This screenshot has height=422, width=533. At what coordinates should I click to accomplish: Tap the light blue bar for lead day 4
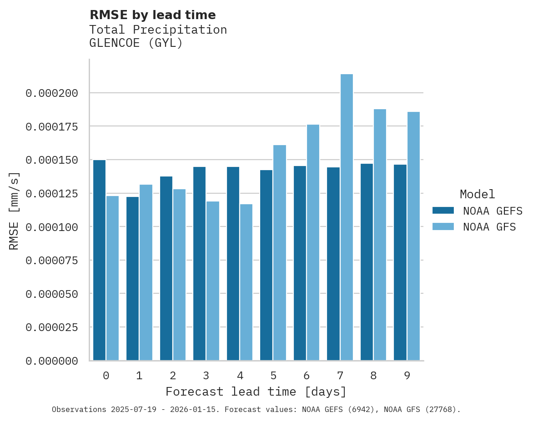246,282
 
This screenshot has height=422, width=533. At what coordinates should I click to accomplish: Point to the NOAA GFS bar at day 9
413,236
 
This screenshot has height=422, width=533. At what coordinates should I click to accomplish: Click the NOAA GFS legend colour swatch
443,226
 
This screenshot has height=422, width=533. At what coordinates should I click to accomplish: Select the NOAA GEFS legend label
489,211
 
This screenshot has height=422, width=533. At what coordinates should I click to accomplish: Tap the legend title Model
477,194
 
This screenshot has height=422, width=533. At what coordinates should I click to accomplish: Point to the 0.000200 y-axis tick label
52,93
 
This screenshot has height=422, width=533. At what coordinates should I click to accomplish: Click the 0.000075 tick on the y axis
52,261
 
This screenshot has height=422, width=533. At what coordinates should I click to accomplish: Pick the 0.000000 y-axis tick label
52,361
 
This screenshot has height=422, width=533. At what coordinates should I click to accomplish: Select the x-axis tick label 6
307,376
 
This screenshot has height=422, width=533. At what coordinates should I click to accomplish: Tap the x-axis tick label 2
173,376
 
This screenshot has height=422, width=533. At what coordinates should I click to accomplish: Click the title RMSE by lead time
152,15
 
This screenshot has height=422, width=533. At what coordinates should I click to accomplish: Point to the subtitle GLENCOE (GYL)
136,43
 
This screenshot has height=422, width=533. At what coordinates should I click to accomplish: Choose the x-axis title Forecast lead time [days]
256,392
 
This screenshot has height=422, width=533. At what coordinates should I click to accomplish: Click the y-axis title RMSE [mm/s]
14,211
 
